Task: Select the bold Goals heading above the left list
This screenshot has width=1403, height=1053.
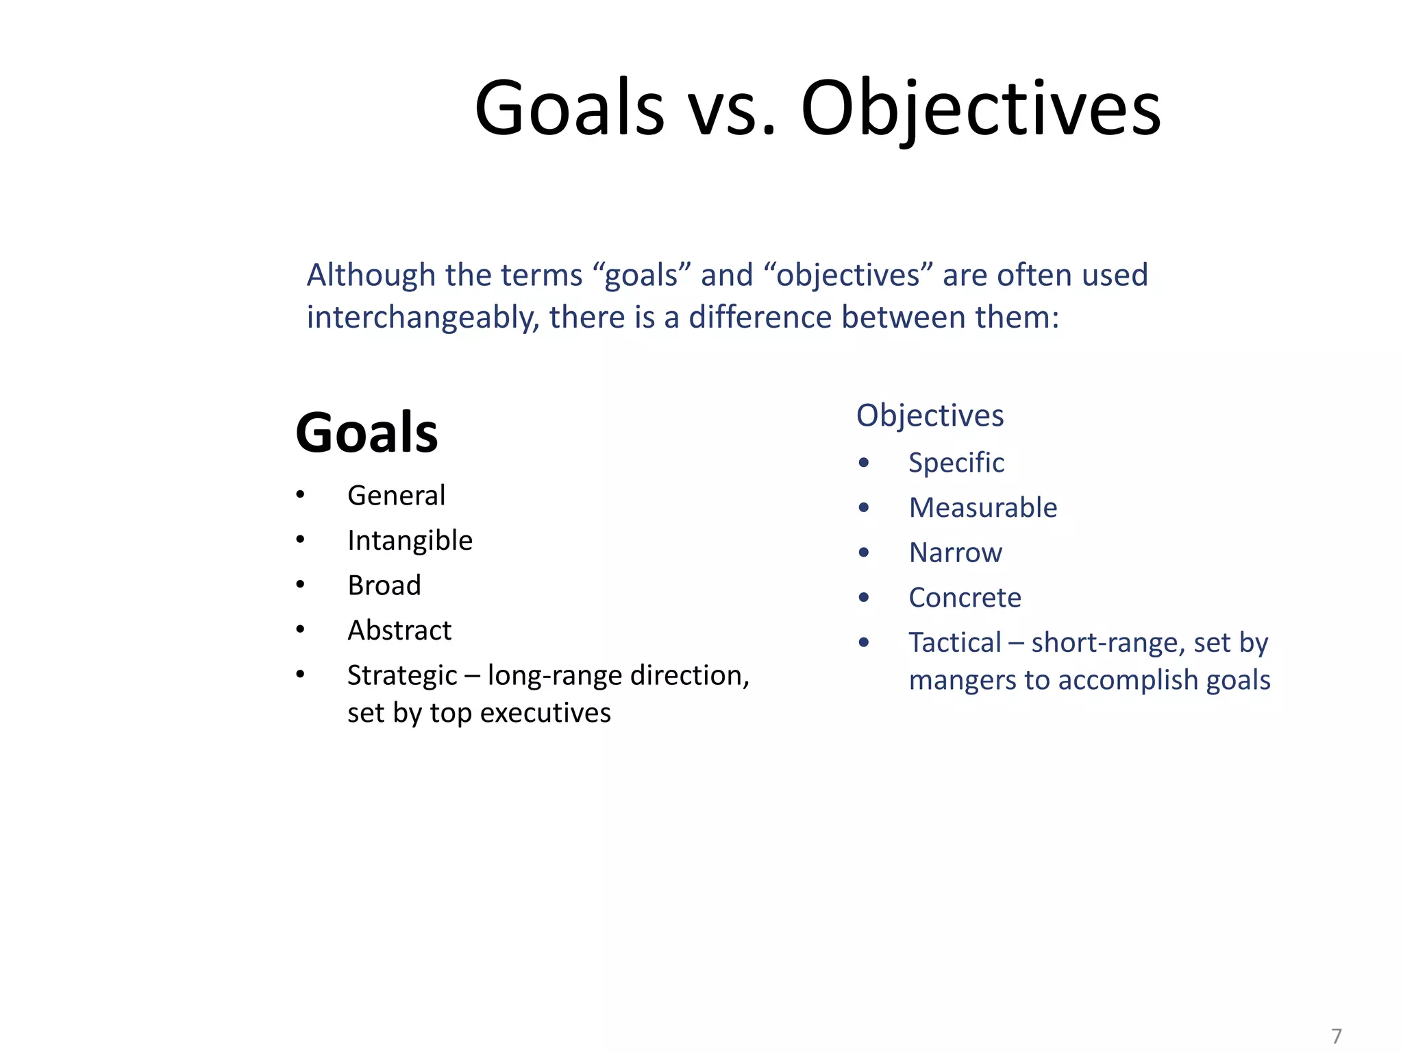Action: point(367,433)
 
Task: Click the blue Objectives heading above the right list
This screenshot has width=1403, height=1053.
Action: point(930,415)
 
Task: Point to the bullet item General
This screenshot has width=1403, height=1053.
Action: point(396,496)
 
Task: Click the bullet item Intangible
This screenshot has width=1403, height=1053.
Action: point(410,541)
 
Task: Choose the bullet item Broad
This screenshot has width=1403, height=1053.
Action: point(384,585)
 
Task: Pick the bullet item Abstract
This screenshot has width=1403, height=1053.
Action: point(399,631)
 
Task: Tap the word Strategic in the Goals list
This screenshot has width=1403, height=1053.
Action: point(401,676)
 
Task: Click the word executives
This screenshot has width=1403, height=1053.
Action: point(545,713)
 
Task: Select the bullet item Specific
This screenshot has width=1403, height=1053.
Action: point(956,463)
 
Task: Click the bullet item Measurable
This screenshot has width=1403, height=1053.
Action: point(982,508)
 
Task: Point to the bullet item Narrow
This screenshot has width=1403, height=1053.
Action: point(955,553)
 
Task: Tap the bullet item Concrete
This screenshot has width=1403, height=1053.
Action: point(965,598)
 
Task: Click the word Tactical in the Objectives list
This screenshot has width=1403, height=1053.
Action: point(954,643)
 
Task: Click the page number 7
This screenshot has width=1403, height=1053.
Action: point(1336,1035)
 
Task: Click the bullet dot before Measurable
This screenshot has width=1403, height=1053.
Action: point(863,508)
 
